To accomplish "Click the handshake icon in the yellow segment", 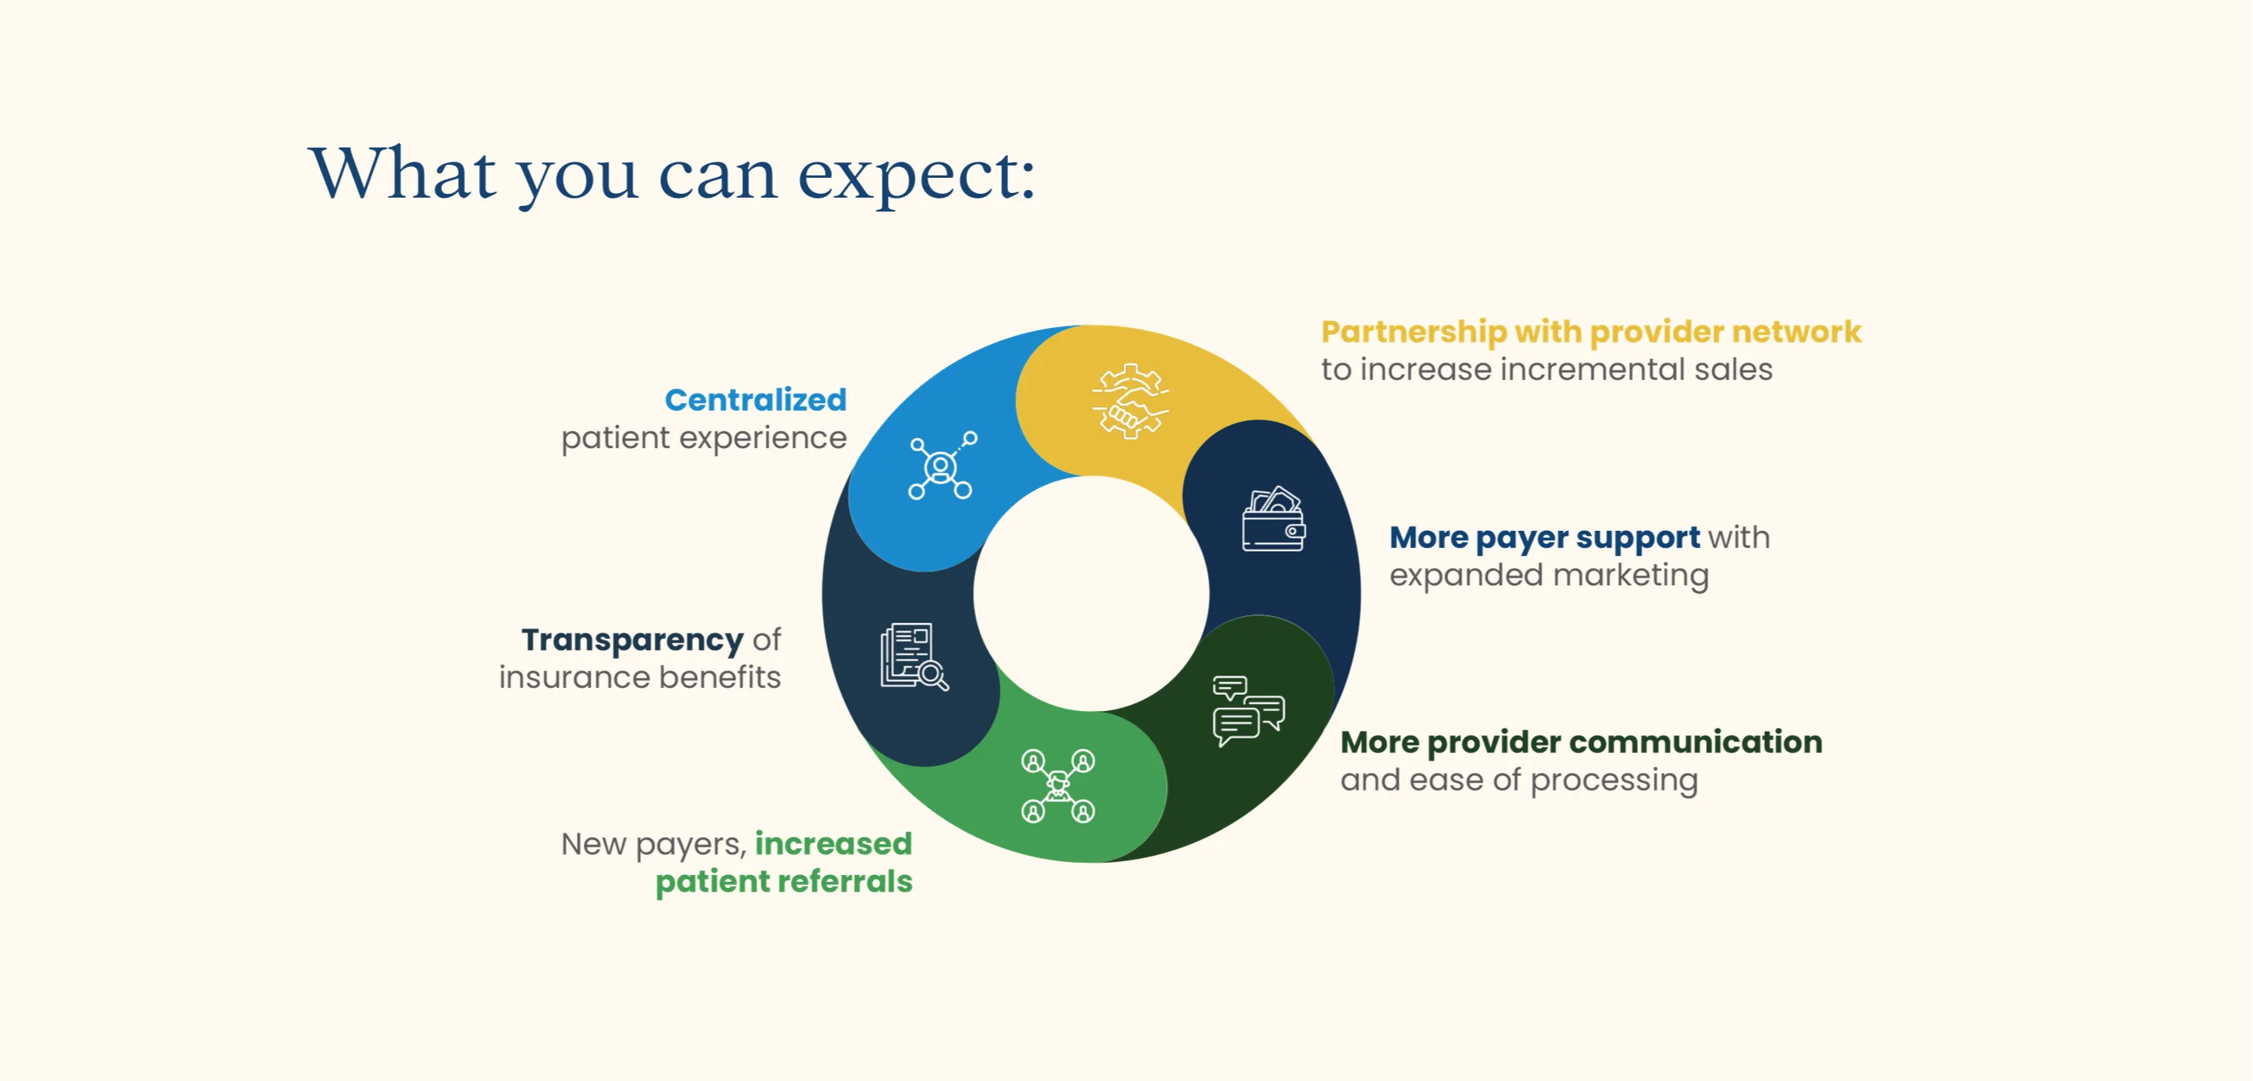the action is coord(1130,401).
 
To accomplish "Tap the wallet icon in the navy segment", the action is coord(1273,519).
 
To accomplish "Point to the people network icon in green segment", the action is coord(1057,786).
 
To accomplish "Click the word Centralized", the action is coord(755,400).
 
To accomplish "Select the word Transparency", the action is coord(632,641).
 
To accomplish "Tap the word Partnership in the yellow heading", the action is coord(1414,333).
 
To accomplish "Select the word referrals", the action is coord(845,881).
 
